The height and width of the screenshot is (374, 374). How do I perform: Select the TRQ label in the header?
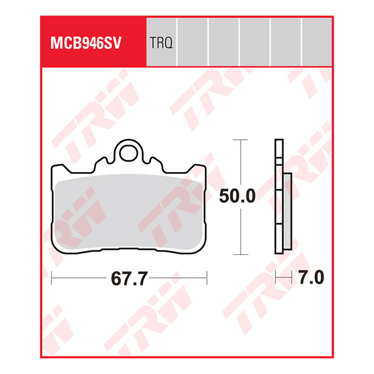coord(161,43)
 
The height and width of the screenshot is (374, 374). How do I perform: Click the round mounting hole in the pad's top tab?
coord(130,151)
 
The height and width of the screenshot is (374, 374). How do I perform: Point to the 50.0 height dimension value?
coord(237,197)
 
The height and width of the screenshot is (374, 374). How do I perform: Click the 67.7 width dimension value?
coord(130,279)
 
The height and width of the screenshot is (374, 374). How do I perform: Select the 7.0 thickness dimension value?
coord(310,278)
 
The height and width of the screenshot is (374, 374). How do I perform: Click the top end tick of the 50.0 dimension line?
coord(237,140)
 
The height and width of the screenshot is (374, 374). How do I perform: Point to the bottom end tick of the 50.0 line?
coord(237,254)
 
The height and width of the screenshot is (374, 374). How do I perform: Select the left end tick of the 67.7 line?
coord(52,278)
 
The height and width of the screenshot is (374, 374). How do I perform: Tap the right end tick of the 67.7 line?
coord(208,278)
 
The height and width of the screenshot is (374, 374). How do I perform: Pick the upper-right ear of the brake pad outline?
coord(201,169)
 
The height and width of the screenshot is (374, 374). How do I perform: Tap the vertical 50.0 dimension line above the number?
coord(237,162)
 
